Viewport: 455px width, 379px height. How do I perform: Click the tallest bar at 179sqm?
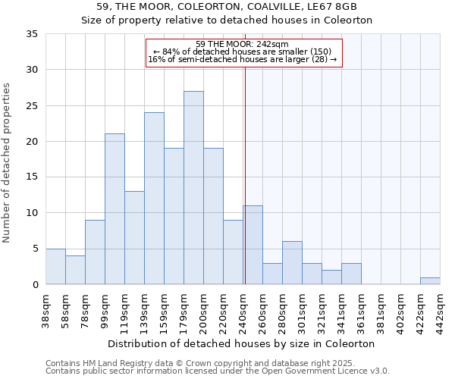click(193, 188)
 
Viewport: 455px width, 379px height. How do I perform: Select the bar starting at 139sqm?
click(154, 199)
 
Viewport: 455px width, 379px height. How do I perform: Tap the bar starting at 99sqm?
click(115, 209)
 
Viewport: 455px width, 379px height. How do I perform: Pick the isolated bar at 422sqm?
click(430, 280)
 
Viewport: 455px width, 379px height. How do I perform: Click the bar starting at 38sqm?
click(55, 266)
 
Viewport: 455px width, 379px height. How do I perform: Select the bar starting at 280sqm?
click(292, 263)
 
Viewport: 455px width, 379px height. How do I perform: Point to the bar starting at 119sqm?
click(134, 238)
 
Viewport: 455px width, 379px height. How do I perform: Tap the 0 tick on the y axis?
click(35, 285)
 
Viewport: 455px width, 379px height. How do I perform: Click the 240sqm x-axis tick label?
click(243, 311)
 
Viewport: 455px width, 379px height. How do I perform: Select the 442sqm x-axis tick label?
click(441, 311)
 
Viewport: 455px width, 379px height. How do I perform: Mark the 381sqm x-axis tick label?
click(381, 311)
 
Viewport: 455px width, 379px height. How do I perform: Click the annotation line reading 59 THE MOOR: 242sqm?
click(242, 44)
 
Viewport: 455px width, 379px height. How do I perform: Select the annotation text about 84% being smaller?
click(242, 52)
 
